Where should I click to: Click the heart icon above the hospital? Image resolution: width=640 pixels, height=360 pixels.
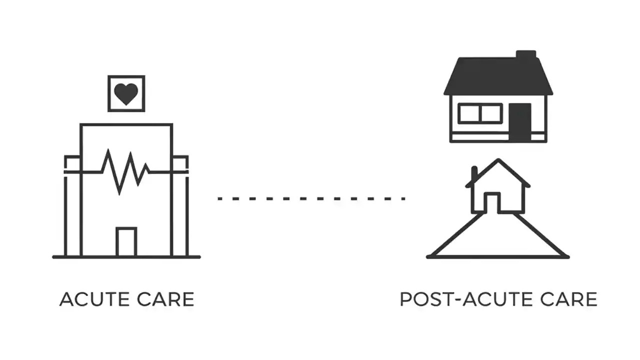[126, 93]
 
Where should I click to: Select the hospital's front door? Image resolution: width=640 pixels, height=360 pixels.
[126, 242]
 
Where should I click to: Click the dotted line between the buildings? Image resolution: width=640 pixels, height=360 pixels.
[311, 198]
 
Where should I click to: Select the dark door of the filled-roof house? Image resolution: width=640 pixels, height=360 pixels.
[519, 122]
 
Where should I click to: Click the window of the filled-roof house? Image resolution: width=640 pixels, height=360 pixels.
[480, 113]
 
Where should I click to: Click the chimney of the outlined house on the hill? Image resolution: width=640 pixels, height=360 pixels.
[474, 174]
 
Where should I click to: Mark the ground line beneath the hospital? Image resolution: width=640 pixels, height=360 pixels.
[126, 257]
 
